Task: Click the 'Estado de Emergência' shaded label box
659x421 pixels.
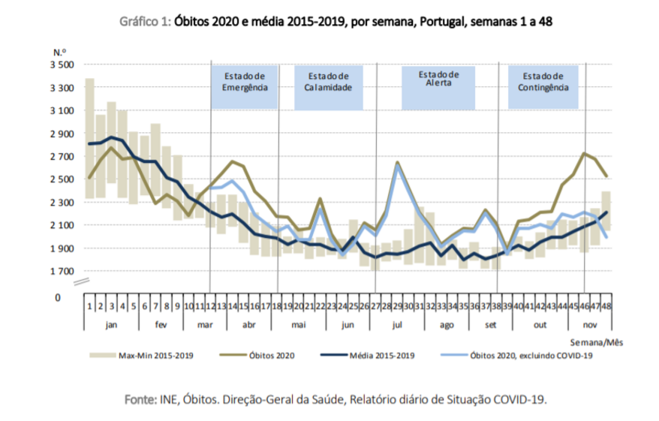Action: click(245, 88)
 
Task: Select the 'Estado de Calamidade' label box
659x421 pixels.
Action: click(328, 88)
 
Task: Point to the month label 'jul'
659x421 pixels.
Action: click(397, 323)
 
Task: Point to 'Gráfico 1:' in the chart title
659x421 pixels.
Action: click(145, 22)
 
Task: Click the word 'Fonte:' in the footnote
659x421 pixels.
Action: click(141, 399)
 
